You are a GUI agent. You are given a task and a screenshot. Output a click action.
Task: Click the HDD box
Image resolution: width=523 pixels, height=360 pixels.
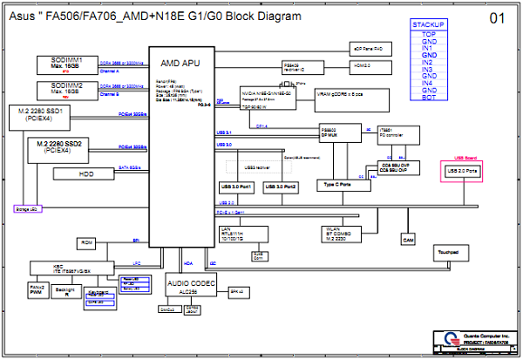(x=85, y=173)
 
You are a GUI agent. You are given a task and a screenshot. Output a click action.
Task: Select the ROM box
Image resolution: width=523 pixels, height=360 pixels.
(x=86, y=242)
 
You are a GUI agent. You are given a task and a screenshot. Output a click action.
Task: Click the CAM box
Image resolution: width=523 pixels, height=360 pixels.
(x=407, y=238)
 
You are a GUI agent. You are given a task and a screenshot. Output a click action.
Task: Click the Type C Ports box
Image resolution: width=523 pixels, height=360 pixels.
(x=336, y=185)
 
